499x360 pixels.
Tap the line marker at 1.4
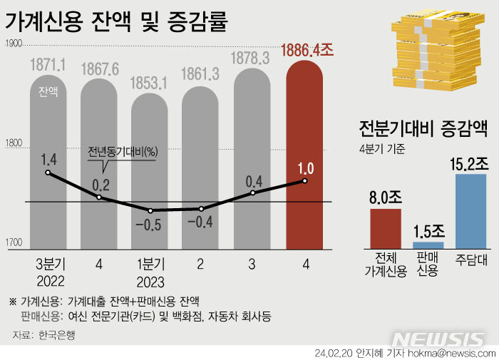click(x=48, y=173)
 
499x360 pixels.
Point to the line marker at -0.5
click(x=150, y=210)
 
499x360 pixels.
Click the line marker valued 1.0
click(x=304, y=181)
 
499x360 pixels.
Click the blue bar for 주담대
click(x=470, y=210)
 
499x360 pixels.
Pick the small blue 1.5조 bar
click(x=428, y=245)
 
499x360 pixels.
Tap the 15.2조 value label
click(x=470, y=163)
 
